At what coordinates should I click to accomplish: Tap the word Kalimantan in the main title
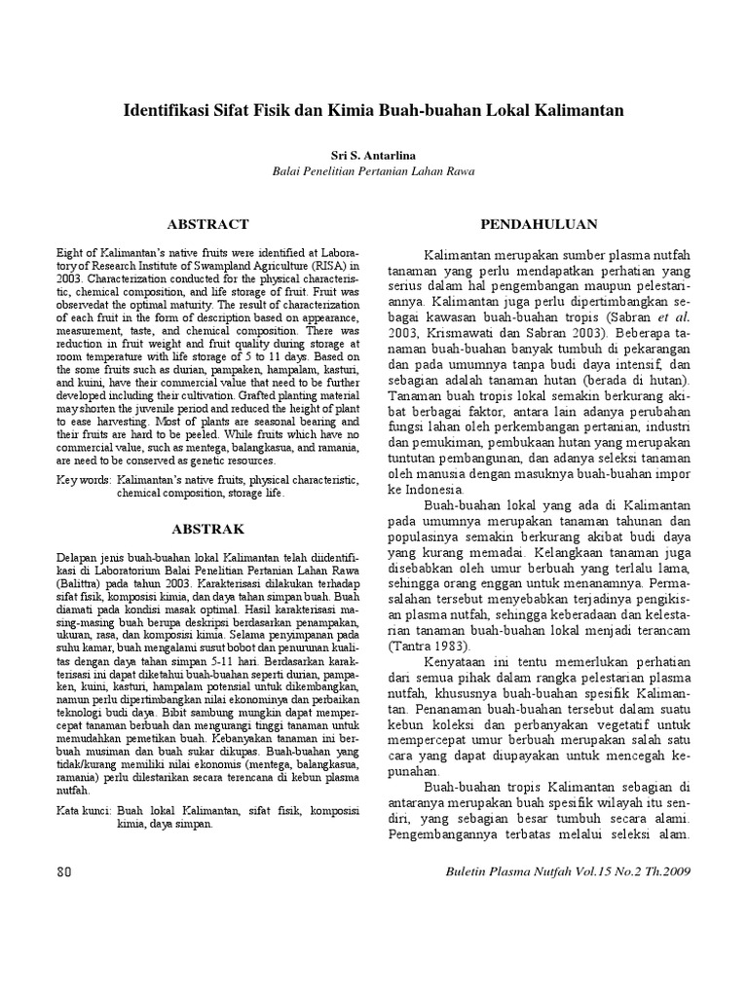pyautogui.click(x=577, y=111)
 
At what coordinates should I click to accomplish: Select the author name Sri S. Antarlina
pyautogui.click(x=374, y=155)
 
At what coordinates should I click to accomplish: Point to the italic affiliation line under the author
pyautogui.click(x=374, y=171)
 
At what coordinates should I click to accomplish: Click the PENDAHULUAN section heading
pyautogui.click(x=539, y=224)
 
